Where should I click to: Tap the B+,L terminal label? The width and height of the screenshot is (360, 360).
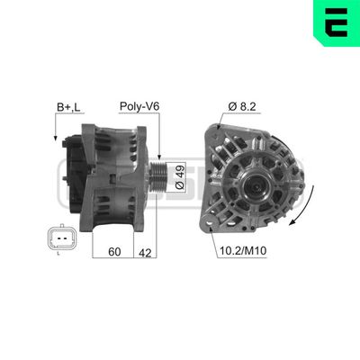tap(68, 107)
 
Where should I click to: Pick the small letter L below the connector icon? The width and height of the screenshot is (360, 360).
tap(58, 256)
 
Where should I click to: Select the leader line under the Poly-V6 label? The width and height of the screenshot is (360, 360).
tap(157, 135)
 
